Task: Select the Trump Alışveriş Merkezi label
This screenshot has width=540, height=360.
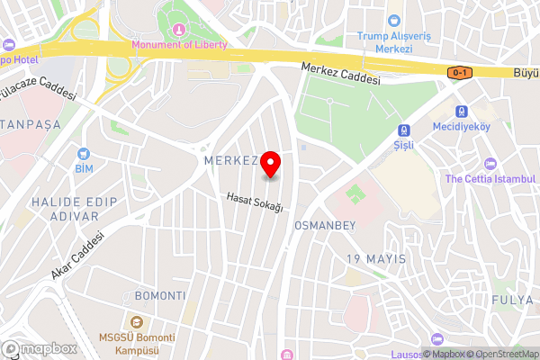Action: [393, 41]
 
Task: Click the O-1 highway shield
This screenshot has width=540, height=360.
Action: [460, 72]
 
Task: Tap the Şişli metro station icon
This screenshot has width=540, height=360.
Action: [403, 130]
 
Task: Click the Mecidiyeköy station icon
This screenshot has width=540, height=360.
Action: [463, 112]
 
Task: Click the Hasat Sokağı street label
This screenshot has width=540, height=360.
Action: [255, 202]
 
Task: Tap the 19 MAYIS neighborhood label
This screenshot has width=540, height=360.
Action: [376, 259]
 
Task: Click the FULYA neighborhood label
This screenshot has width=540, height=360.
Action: [512, 298]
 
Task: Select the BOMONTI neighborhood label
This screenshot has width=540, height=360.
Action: [159, 295]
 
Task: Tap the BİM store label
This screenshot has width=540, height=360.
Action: [85, 167]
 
